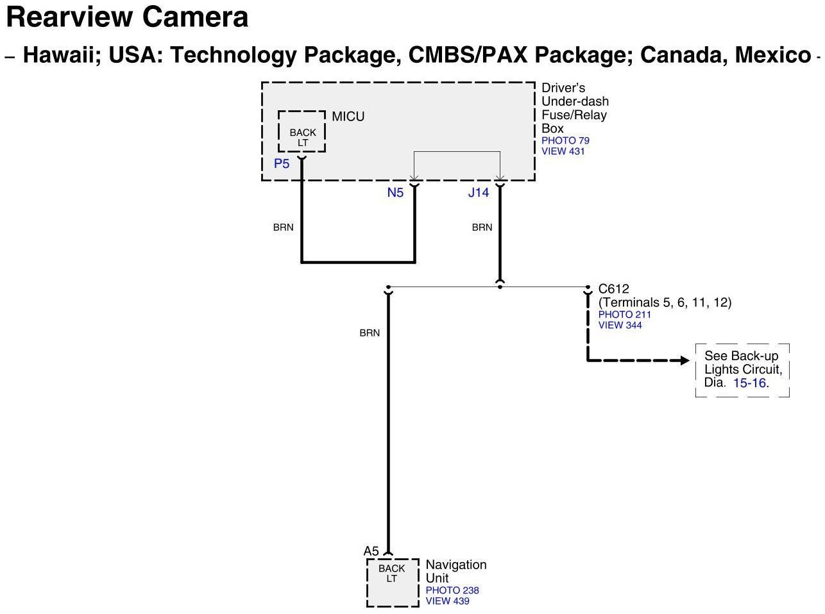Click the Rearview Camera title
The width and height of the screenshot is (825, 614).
[127, 17]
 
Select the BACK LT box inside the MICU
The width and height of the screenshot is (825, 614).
[302, 137]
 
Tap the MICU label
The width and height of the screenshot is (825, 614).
[348, 117]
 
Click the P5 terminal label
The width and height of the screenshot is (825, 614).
[282, 164]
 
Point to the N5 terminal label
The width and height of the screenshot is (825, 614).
[395, 193]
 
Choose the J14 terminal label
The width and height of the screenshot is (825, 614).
[479, 193]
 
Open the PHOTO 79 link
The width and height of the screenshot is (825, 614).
[565, 140]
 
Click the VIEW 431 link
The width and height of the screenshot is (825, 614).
[563, 151]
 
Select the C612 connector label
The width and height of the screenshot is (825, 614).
[613, 289]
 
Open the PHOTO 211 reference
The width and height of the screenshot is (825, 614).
[624, 315]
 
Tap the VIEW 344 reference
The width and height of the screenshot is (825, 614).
[620, 325]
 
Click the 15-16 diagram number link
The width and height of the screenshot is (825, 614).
[750, 383]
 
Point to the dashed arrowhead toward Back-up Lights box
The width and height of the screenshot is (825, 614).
[685, 360]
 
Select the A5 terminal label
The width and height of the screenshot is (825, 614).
[371, 551]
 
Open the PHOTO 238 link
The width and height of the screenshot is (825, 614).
[452, 590]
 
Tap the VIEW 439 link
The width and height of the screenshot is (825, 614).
[447, 601]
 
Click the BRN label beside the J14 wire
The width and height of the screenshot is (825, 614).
[482, 228]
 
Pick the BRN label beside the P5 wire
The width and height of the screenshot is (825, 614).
[283, 228]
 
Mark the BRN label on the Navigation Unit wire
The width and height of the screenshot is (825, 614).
[370, 333]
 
